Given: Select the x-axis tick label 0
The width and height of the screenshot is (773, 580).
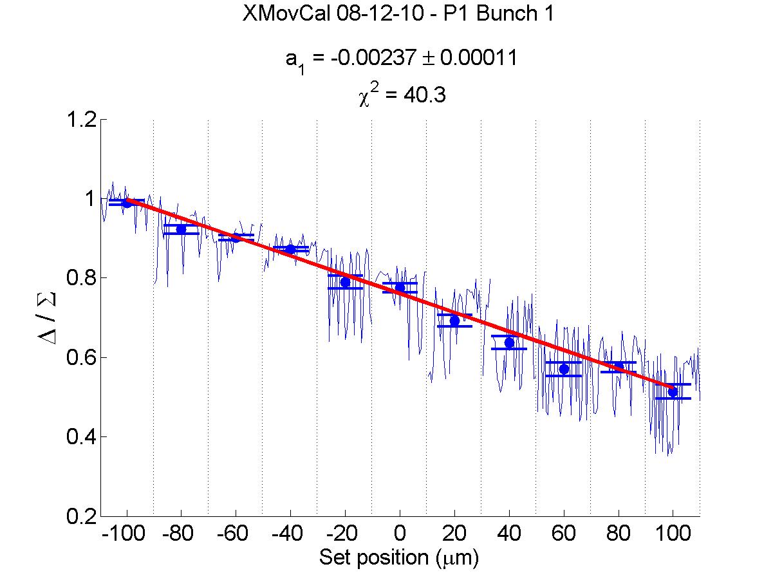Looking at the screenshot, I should (400, 536).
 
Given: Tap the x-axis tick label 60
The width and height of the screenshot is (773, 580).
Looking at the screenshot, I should (564, 536).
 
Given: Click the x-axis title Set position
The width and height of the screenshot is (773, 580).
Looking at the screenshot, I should (399, 557).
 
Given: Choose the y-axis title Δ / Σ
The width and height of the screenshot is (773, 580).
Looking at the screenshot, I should (51, 318).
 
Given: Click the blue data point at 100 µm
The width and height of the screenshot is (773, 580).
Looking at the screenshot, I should (673, 392).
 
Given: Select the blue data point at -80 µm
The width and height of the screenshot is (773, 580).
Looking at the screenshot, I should (181, 229).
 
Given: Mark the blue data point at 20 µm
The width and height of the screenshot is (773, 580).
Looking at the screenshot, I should (454, 321).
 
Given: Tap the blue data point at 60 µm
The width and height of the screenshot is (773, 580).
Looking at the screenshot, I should (564, 369).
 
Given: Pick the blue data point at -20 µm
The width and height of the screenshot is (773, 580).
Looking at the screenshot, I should (345, 282).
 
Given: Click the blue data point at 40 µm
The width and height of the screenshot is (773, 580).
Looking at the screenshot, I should (509, 342).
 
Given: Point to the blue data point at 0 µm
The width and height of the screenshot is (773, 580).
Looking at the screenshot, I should (400, 287).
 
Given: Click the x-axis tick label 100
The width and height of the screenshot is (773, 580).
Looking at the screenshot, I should (673, 536).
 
